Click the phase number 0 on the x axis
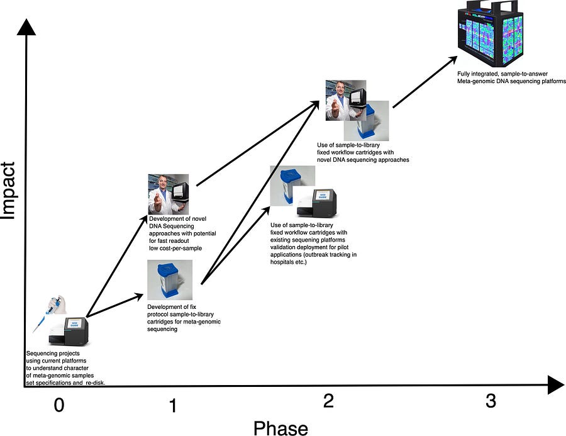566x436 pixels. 59,405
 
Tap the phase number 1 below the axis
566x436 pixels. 174,405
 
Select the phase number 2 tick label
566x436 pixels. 328,400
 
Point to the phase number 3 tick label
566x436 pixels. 491,401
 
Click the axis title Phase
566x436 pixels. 280,428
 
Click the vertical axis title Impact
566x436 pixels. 8,191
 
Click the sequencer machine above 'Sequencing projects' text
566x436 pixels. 69,331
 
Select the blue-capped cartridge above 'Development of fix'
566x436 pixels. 170,280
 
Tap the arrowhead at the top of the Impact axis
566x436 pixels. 26,27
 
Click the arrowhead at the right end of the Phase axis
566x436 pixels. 555,384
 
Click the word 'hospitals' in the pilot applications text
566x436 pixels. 282,262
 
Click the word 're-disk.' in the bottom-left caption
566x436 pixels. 96,383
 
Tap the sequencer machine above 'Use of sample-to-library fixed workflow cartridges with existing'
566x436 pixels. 316,203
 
